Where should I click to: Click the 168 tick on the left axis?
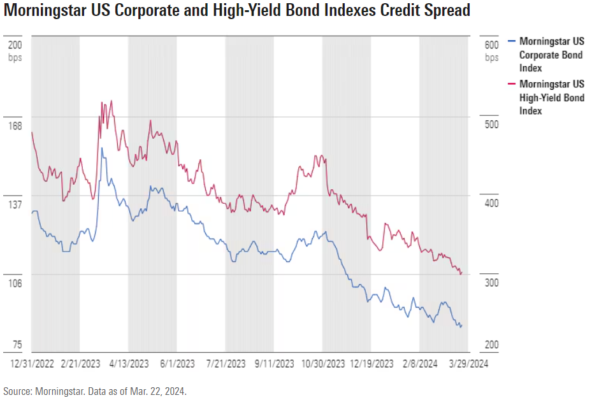(x=14, y=125)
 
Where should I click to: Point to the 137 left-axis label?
(x=14, y=204)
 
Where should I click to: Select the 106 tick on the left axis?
(x=14, y=283)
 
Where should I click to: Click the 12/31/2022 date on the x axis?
(x=32, y=364)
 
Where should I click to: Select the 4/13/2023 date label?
(x=130, y=364)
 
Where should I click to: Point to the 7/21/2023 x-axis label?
(x=227, y=364)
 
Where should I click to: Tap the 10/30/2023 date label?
(x=323, y=364)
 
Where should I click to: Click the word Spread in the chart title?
(x=440, y=11)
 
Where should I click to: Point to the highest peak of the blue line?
(x=102, y=148)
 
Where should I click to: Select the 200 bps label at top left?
(x=15, y=50)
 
